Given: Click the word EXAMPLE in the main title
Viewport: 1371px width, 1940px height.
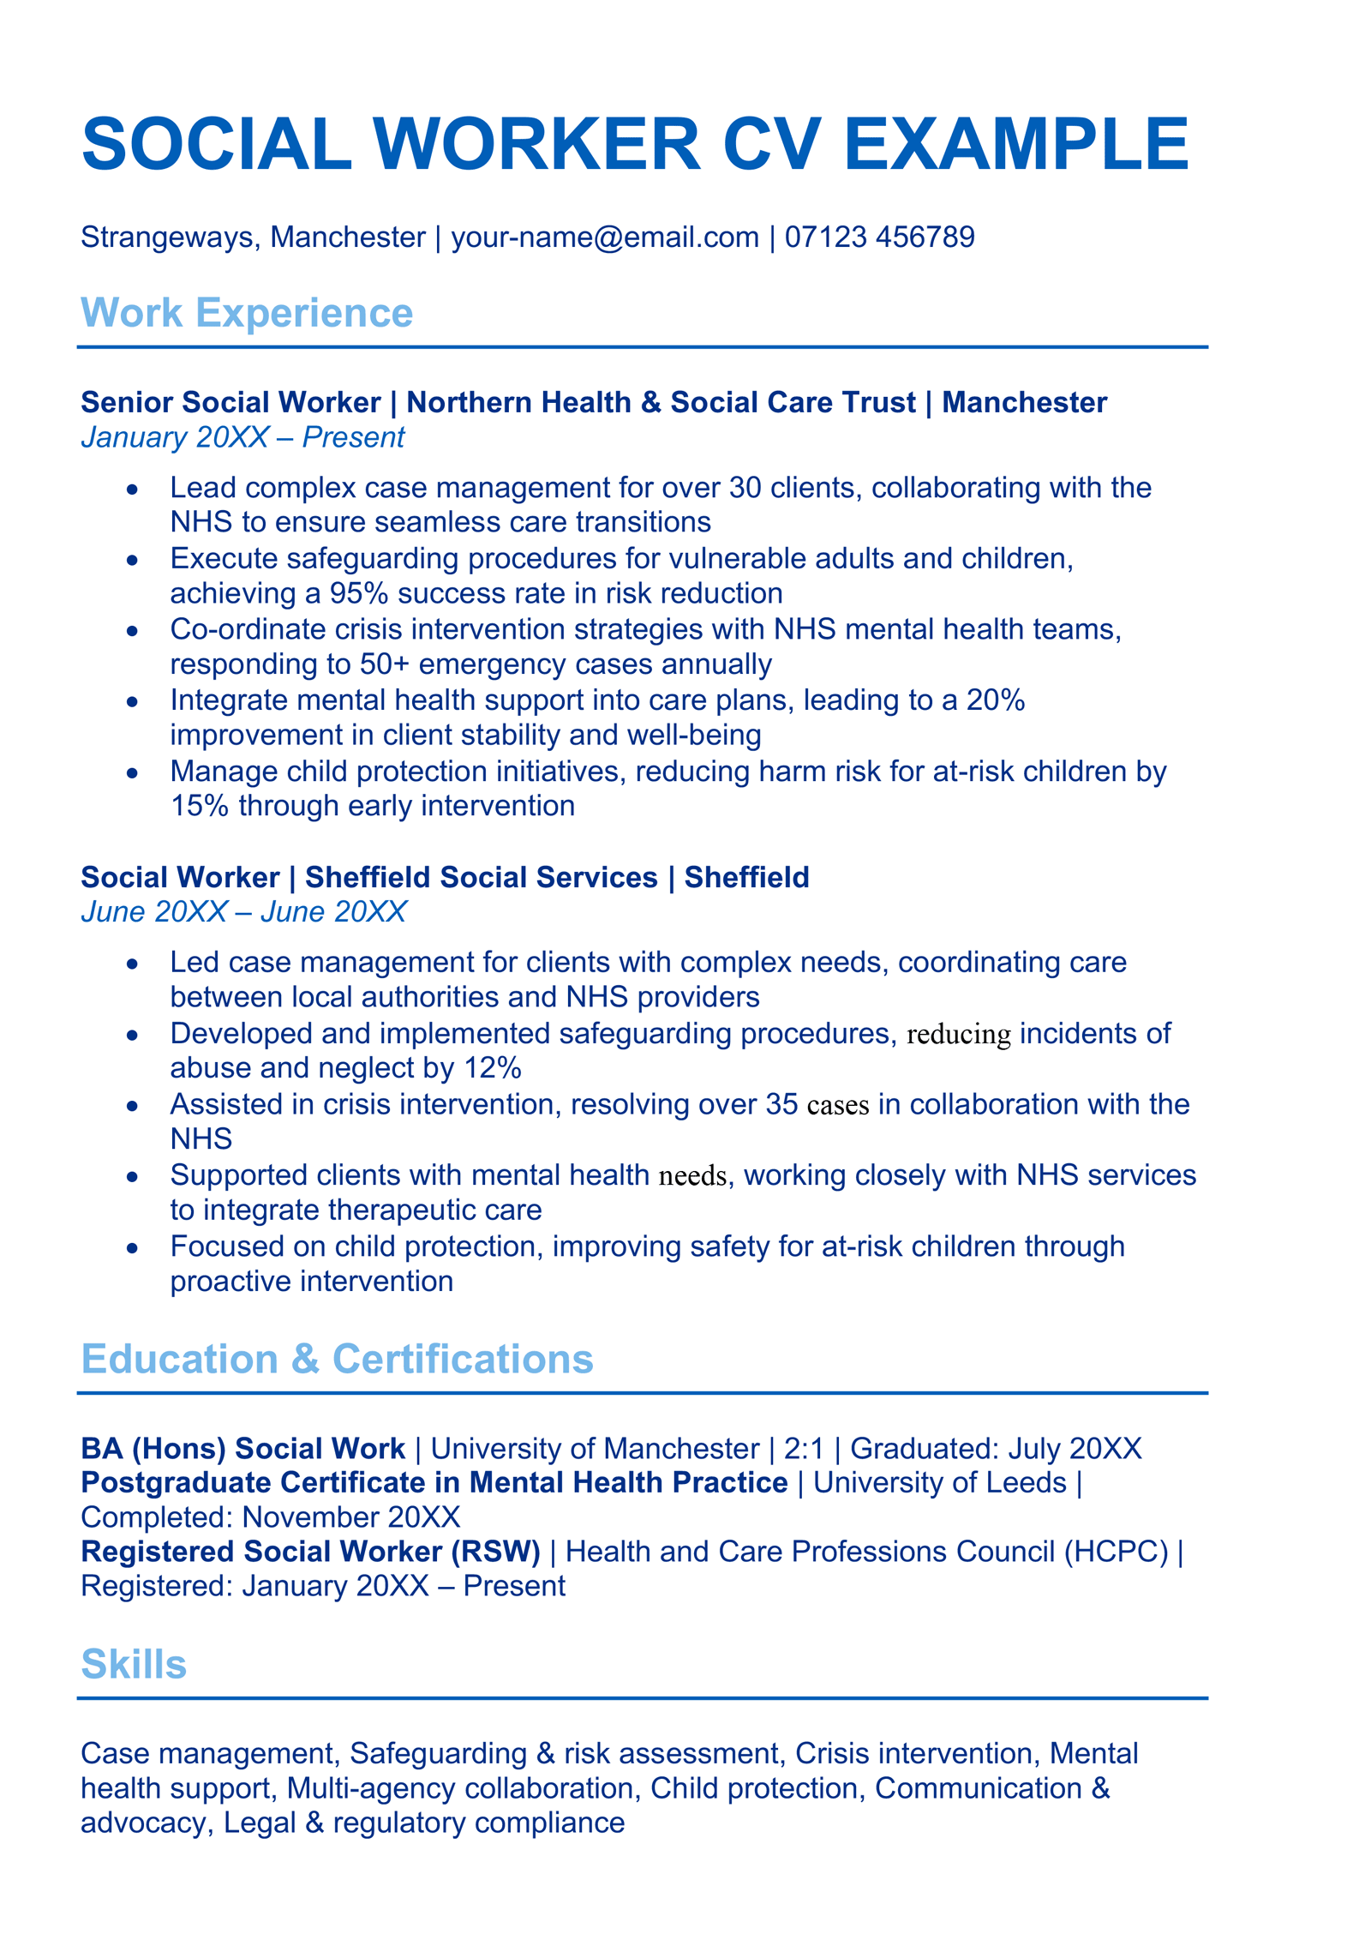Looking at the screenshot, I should [x=1015, y=143].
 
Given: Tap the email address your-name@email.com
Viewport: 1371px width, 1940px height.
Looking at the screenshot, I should [x=605, y=237].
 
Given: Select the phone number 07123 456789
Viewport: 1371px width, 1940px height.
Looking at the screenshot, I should [x=879, y=237].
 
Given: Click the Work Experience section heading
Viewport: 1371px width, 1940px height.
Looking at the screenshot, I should [x=247, y=313].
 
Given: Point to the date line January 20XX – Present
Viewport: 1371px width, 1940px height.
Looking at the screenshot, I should [x=242, y=437].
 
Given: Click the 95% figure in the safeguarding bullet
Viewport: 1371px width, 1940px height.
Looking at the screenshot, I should [x=360, y=593].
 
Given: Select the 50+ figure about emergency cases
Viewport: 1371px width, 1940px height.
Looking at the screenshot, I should [x=385, y=664].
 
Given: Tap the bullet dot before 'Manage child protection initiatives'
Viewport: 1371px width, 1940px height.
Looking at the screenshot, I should [x=132, y=772].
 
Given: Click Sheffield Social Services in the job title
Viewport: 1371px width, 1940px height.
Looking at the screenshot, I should [x=482, y=877].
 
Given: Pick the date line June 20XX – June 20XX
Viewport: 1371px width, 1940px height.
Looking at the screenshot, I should [x=243, y=911].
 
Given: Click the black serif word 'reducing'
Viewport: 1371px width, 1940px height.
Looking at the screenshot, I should [x=959, y=1035].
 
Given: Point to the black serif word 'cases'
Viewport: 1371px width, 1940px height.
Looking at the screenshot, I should [x=838, y=1105].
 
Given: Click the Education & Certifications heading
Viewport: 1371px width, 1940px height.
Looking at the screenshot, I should [x=337, y=1359].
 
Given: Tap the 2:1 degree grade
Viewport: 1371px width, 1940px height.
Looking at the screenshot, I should [x=803, y=1449].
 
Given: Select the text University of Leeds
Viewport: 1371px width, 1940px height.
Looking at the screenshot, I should [x=940, y=1483].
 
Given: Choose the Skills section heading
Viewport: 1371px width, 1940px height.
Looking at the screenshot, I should [x=134, y=1664].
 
